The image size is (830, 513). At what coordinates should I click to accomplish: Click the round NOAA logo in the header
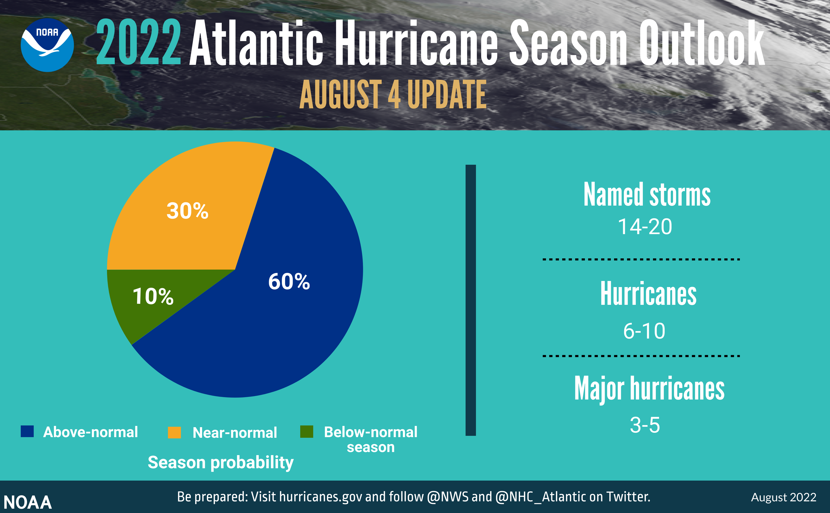pyautogui.click(x=47, y=45)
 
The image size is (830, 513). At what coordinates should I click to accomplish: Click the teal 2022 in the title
pyautogui.click(x=138, y=42)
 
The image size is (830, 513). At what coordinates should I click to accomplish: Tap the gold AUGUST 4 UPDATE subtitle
pyautogui.click(x=393, y=95)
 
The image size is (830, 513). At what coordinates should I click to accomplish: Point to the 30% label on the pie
pyautogui.click(x=187, y=211)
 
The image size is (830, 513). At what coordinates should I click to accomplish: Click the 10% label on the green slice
pyautogui.click(x=153, y=296)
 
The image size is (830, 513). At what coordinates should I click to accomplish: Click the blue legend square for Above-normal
pyautogui.click(x=27, y=431)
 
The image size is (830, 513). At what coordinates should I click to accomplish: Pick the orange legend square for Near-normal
pyautogui.click(x=174, y=432)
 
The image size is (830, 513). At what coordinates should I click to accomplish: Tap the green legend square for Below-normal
pyautogui.click(x=307, y=431)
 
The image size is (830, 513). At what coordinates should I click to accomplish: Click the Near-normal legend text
pyautogui.click(x=235, y=433)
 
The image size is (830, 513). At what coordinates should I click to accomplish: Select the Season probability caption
pyautogui.click(x=220, y=462)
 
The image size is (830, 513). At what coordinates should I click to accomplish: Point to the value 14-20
pyautogui.click(x=645, y=227)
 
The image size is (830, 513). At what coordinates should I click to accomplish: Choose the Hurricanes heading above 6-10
pyautogui.click(x=648, y=294)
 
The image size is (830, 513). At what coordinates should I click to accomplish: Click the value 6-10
pyautogui.click(x=644, y=331)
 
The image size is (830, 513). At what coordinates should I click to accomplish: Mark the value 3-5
pyautogui.click(x=645, y=425)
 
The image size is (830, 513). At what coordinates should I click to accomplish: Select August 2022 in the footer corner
pyautogui.click(x=784, y=497)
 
